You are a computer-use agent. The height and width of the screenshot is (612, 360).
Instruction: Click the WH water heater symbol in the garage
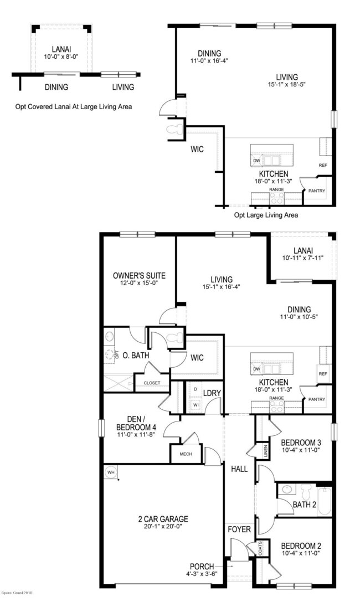point(111,472)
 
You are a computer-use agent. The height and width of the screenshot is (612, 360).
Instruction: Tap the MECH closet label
point(184,454)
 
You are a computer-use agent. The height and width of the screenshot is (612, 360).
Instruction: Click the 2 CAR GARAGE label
point(163,519)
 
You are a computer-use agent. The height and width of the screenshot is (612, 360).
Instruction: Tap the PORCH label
point(202,566)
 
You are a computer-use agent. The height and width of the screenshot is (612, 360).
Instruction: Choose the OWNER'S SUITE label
point(139,275)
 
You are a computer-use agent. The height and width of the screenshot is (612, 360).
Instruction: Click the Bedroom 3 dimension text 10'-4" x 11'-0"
point(301,451)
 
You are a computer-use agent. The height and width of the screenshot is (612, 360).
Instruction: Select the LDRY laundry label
point(212,393)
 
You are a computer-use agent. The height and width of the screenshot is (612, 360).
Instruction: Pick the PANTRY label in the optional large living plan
point(317,192)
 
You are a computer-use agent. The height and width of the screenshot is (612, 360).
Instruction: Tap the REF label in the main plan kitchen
point(323,374)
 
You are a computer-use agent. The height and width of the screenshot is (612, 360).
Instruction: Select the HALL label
point(239,470)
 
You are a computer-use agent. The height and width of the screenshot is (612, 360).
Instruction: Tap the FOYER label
point(239,529)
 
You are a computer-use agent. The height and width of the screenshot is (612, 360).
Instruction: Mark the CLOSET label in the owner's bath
point(152,383)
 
